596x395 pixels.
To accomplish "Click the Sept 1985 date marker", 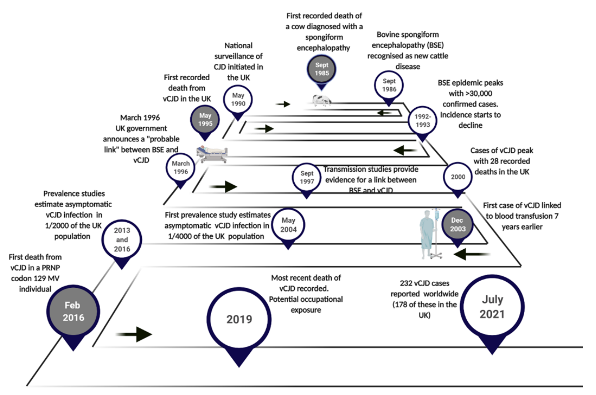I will (x=321, y=69).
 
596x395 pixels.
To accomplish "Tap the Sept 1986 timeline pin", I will (x=389, y=85).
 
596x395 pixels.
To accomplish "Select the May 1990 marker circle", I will (x=238, y=99).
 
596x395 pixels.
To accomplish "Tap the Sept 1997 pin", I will (x=307, y=178).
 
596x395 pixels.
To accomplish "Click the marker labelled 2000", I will (x=458, y=177).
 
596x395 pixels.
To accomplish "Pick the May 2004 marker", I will (x=288, y=225).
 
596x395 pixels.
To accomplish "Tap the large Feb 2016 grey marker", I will (x=73, y=312).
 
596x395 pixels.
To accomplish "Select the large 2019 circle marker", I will (x=239, y=319).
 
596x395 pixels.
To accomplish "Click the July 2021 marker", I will (x=492, y=307).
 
